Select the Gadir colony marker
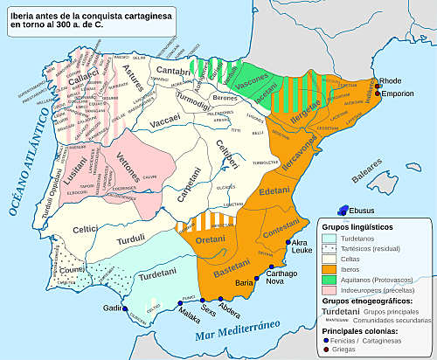[x=125, y=308]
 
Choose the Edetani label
[x=274, y=191]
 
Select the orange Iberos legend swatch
[x=329, y=269]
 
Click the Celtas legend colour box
[x=329, y=259]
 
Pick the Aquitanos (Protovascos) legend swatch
[x=329, y=280]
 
